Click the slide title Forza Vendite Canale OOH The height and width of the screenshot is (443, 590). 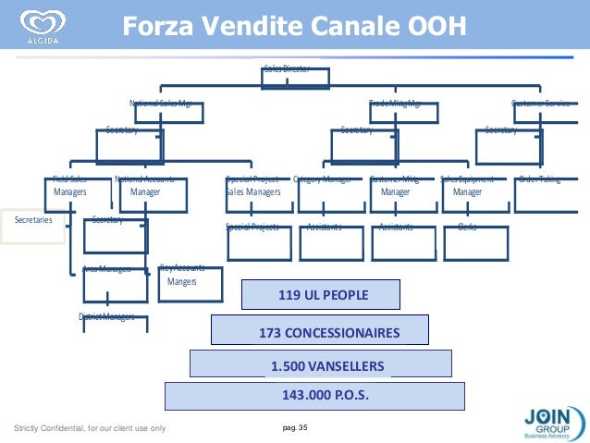[295, 22]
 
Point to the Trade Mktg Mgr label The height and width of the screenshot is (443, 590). [395, 104]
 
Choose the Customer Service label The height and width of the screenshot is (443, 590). [540, 104]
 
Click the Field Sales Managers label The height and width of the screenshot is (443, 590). [70, 186]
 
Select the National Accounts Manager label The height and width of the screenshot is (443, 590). [145, 186]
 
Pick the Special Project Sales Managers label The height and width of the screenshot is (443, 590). [252, 186]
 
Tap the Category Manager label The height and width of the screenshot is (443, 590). [322, 179]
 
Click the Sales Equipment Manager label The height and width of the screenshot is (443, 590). [467, 186]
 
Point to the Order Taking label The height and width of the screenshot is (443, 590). [539, 179]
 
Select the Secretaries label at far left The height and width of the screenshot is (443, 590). [33, 221]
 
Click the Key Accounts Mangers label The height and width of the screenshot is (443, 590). [181, 275]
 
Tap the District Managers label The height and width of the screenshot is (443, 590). [106, 317]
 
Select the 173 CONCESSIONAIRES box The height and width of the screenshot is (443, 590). [320, 331]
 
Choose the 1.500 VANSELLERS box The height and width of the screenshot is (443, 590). [321, 364]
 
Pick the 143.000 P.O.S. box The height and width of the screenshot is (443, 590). [314, 396]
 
